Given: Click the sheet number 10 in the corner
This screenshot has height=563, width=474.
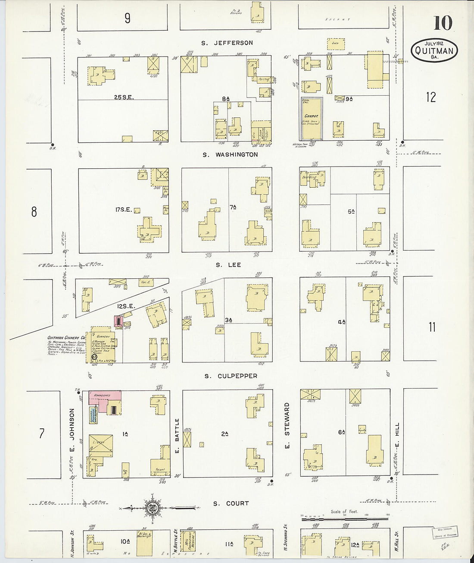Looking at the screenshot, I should (x=443, y=22).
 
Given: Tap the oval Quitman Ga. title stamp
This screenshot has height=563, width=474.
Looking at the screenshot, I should (x=434, y=50).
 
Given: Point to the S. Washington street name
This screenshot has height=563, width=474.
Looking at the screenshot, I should (x=231, y=154).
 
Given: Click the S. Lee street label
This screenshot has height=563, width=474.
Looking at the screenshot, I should (x=228, y=264).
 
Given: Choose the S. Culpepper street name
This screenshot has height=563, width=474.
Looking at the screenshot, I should (x=231, y=376).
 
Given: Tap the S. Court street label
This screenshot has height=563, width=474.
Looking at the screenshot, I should (x=231, y=503).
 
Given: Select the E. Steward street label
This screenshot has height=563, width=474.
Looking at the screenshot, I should (x=287, y=425).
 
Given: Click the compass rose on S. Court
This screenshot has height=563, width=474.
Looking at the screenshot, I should (x=152, y=508).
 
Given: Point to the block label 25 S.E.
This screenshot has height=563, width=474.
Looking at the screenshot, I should (x=124, y=97).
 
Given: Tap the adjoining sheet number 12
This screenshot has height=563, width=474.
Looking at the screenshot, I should (x=430, y=97).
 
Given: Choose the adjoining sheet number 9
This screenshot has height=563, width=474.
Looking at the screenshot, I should (x=128, y=18).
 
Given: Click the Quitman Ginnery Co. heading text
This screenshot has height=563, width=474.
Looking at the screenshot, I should (x=67, y=338).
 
